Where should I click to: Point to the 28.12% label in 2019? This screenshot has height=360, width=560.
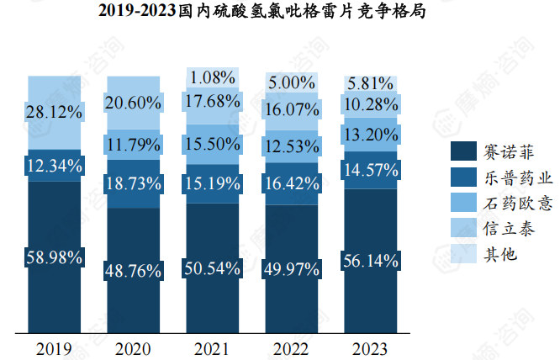click(54, 112)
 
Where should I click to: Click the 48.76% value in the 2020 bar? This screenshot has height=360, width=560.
click(133, 270)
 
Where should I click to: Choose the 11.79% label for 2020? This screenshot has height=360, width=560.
click(133, 145)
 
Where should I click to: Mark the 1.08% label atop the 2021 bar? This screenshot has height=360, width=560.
click(212, 78)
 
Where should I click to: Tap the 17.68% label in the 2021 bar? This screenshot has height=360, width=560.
click(212, 101)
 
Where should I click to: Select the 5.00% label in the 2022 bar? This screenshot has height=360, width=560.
click(291, 83)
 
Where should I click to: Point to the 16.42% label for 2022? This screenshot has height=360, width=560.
click(291, 182)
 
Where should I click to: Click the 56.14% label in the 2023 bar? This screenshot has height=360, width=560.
click(370, 261)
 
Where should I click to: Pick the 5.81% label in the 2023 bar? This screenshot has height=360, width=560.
click(370, 83)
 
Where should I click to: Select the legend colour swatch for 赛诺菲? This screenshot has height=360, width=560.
click(463, 151)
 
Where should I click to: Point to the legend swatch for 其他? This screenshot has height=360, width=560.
click(463, 252)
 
